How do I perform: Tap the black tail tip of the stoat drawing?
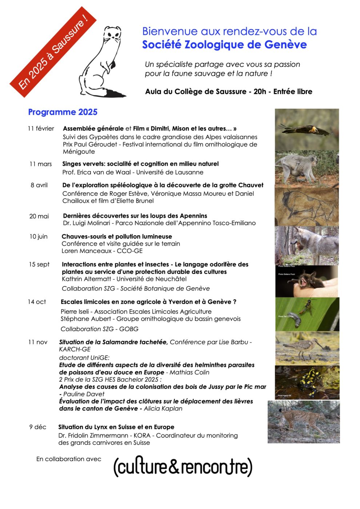point(116,94)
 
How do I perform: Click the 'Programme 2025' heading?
point(63,112)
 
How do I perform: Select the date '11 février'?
point(41,128)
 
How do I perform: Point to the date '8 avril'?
point(39,185)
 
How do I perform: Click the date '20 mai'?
point(39,216)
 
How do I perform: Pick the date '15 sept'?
point(39,264)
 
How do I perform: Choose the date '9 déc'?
point(38,427)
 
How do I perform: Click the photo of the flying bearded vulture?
point(307,129)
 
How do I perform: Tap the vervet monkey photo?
point(307,169)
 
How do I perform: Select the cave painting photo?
point(307,206)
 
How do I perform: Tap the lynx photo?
point(304,422)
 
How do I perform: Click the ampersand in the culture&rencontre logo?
point(174,467)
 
